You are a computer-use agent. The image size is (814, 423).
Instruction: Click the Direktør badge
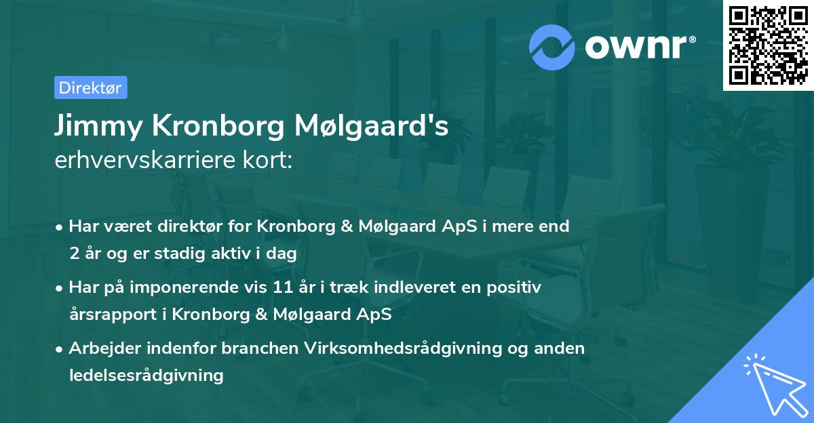click(90, 87)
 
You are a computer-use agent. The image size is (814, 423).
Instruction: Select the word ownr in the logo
click(636, 46)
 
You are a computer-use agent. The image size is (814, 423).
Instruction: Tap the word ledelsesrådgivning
click(147, 375)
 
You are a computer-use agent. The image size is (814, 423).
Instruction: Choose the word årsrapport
click(109, 315)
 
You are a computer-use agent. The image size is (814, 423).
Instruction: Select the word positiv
click(517, 287)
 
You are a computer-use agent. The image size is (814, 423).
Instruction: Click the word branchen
click(260, 348)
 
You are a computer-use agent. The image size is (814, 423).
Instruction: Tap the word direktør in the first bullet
click(173, 226)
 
